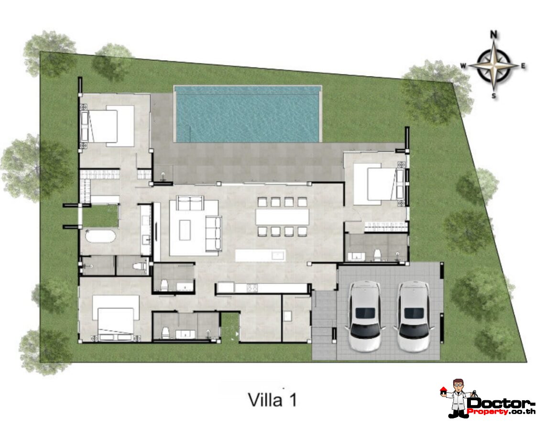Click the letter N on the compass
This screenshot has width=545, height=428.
click(494, 34)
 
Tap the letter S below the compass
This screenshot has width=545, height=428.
click(494, 96)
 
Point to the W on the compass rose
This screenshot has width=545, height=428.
click(463, 66)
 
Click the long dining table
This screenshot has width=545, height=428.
click(282, 217)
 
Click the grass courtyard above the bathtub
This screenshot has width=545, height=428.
click(100, 216)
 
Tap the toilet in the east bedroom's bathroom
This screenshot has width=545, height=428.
click(377, 254)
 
